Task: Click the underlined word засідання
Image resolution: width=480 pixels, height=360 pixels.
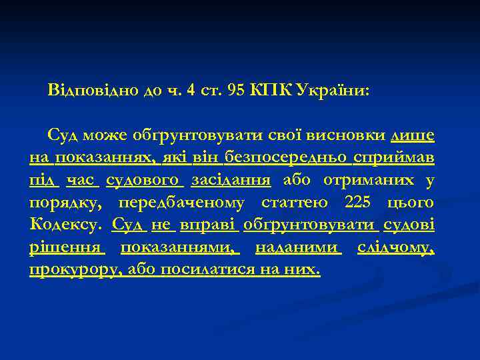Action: coord(231,180)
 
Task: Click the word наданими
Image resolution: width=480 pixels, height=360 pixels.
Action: coord(299,247)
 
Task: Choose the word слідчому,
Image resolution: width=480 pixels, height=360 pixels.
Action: coord(396,247)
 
